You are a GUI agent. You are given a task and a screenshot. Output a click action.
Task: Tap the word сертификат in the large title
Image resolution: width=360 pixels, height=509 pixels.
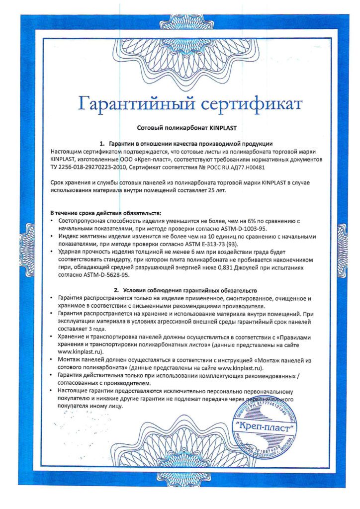[x=252, y=105]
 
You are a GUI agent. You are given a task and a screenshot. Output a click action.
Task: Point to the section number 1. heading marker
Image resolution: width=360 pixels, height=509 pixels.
[x=102, y=144]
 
